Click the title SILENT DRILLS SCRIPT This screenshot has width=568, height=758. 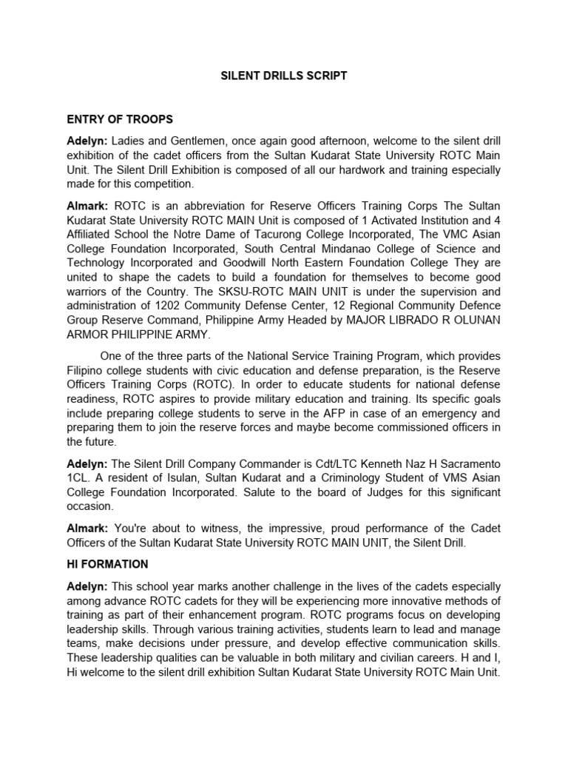(285, 76)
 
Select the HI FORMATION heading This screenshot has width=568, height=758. (107, 564)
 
